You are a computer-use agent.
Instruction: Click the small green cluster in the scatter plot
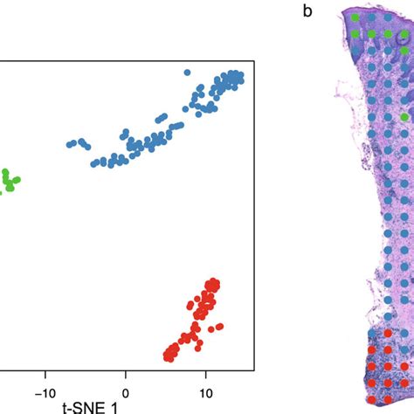(x=10, y=181)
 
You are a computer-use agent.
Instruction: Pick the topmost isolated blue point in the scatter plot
(x=186, y=73)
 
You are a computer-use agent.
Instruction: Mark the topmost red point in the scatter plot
(x=212, y=282)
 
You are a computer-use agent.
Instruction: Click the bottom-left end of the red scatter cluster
(x=168, y=355)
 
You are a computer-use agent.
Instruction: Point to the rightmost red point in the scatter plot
(x=219, y=328)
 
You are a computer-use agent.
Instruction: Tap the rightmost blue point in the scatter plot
(x=242, y=75)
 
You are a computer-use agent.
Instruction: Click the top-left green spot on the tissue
(x=355, y=17)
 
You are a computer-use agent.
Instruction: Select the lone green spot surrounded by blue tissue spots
(x=404, y=116)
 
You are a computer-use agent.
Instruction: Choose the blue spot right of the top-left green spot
(x=371, y=17)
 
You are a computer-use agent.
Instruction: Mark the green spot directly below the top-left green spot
(x=355, y=33)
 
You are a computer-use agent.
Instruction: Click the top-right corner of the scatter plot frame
(x=253, y=62)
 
